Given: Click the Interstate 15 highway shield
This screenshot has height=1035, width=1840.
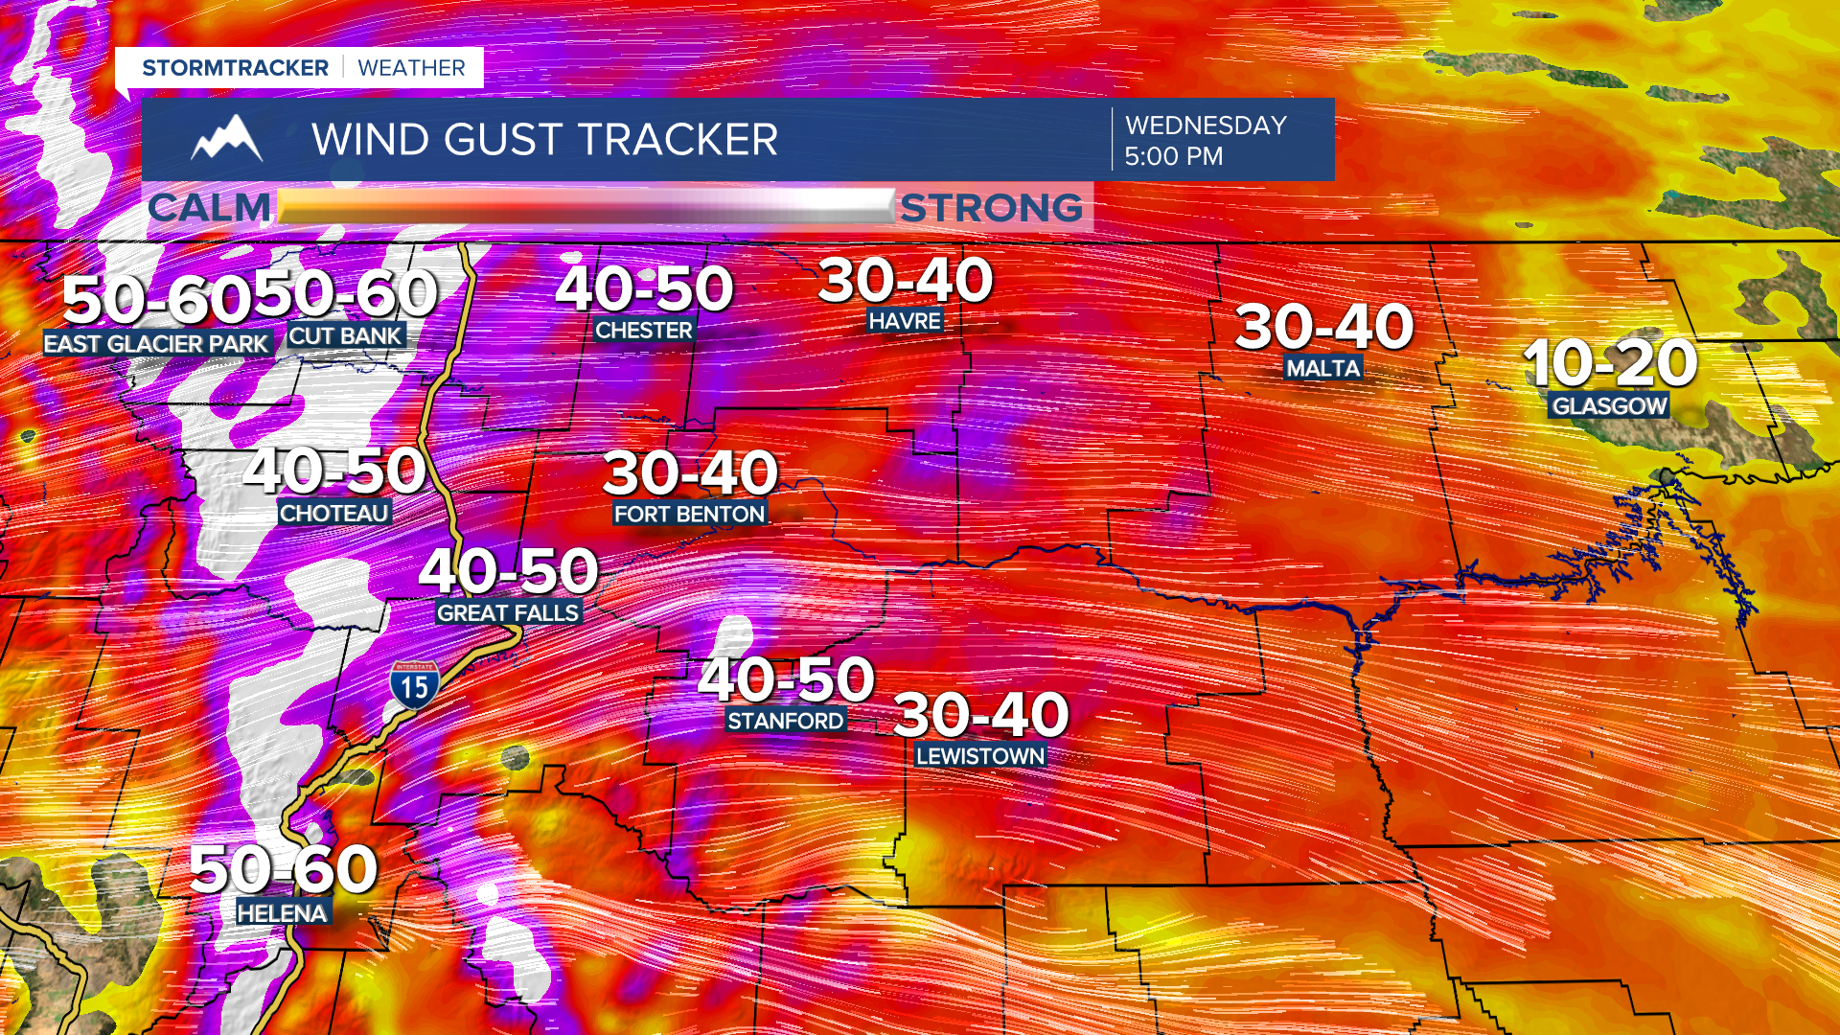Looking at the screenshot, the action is (414, 684).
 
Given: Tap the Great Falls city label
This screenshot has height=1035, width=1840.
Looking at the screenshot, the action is (508, 613).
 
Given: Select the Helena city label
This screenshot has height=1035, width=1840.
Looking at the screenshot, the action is (283, 913).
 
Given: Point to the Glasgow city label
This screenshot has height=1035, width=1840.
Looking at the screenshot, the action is (1610, 406).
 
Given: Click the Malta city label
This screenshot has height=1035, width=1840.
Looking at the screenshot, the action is (1322, 368).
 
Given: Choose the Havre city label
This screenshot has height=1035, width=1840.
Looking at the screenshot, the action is (905, 321).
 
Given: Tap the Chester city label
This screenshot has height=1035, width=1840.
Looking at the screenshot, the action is (643, 331).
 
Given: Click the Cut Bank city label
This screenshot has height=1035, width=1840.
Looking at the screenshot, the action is (345, 336).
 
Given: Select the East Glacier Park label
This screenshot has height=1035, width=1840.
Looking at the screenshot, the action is (156, 344).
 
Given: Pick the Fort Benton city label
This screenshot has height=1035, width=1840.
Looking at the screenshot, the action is (689, 515).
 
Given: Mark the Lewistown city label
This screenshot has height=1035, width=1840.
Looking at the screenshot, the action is (979, 756).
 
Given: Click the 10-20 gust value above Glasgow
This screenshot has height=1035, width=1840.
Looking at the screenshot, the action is (1610, 363).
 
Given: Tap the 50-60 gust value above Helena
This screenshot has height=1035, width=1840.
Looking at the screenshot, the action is (284, 869).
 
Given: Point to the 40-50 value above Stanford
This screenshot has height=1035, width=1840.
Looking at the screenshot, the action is (786, 678).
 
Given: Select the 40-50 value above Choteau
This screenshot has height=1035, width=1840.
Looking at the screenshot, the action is (333, 471).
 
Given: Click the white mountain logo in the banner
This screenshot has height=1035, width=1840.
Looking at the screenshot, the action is (227, 140).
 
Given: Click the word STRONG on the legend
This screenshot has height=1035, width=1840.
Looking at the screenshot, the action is (991, 208).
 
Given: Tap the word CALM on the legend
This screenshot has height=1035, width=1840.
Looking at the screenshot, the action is (210, 208).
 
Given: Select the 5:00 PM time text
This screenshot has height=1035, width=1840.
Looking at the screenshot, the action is (1173, 156).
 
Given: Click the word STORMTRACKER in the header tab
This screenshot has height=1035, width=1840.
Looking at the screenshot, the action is (235, 68).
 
